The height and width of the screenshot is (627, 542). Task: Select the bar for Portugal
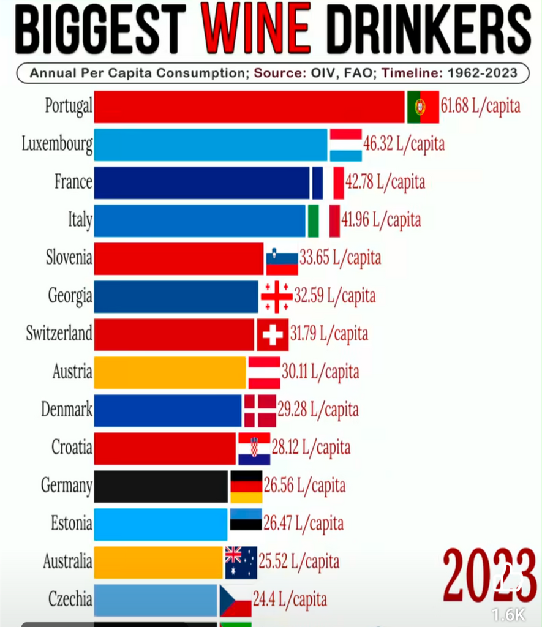point(249,107)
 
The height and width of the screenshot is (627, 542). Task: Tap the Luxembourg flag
point(345,145)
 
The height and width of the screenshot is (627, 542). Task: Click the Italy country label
point(80,220)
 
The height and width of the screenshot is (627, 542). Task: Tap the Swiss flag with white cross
point(273,334)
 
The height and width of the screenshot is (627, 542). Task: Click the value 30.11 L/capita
point(320,372)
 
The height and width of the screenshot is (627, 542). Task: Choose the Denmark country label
point(66,410)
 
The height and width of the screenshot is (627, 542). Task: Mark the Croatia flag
point(254,448)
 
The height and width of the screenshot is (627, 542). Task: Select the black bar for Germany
point(161,486)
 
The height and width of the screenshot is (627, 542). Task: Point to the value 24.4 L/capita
point(290,599)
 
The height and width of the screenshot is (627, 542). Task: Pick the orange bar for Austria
point(170,372)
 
